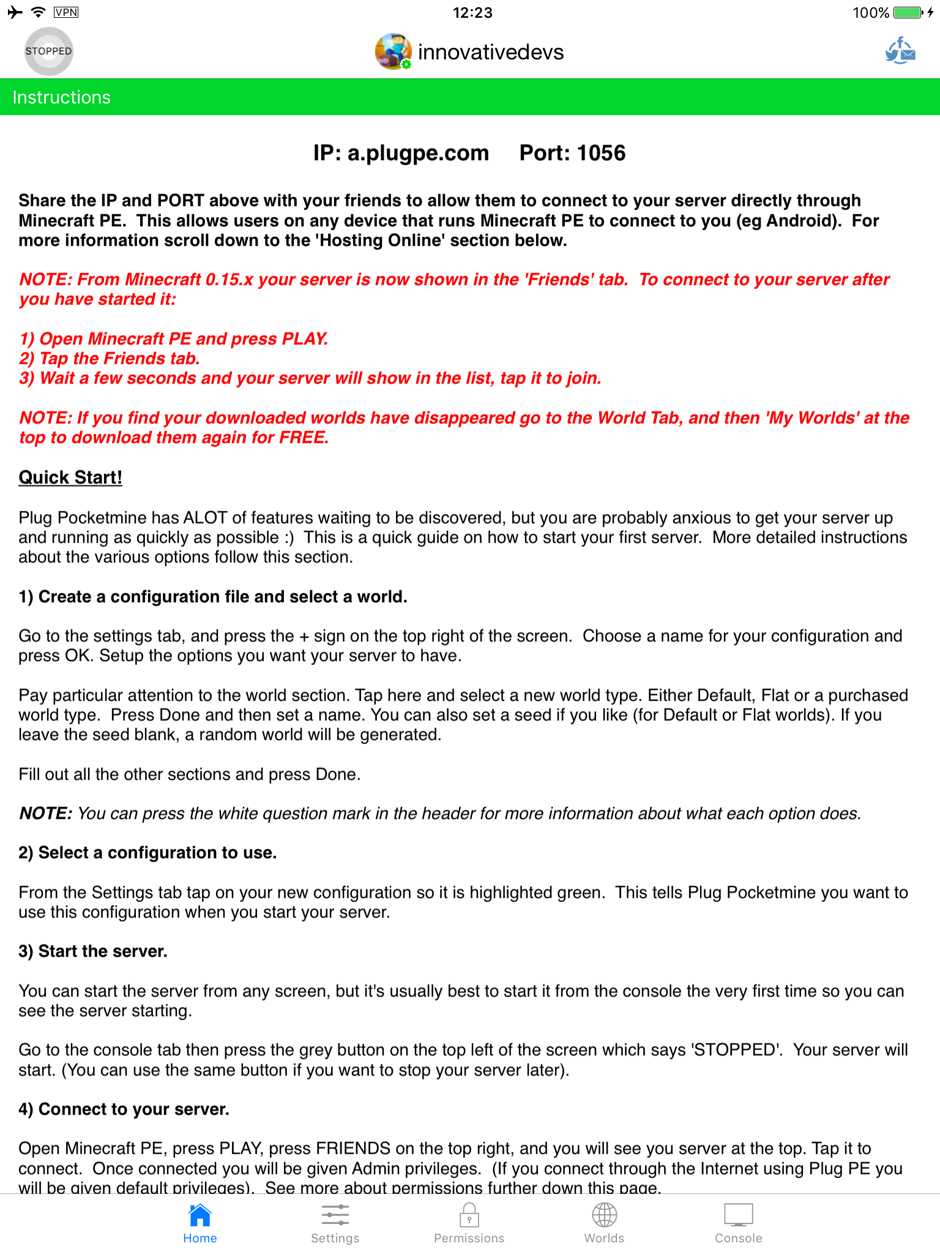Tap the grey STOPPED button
[x=48, y=51]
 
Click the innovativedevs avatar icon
[x=393, y=51]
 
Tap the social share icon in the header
[x=900, y=51]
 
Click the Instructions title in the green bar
[x=62, y=97]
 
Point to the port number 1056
[x=601, y=153]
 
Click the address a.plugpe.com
[x=418, y=153]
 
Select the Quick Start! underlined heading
[x=70, y=478]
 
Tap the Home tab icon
[x=200, y=1215]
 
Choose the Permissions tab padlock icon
[x=469, y=1215]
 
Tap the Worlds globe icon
[x=604, y=1215]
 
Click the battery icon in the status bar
[x=908, y=12]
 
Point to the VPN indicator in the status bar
[x=66, y=12]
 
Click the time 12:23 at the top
[x=472, y=12]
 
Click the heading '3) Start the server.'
[x=93, y=951]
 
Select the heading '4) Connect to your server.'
[x=124, y=1109]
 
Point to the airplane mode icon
[x=15, y=12]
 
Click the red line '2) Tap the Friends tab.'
[x=110, y=358]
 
